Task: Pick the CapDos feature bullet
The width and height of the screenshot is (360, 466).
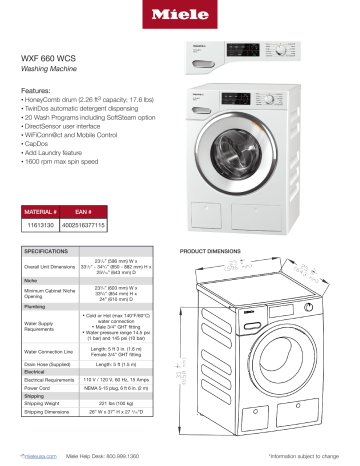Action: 41,143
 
